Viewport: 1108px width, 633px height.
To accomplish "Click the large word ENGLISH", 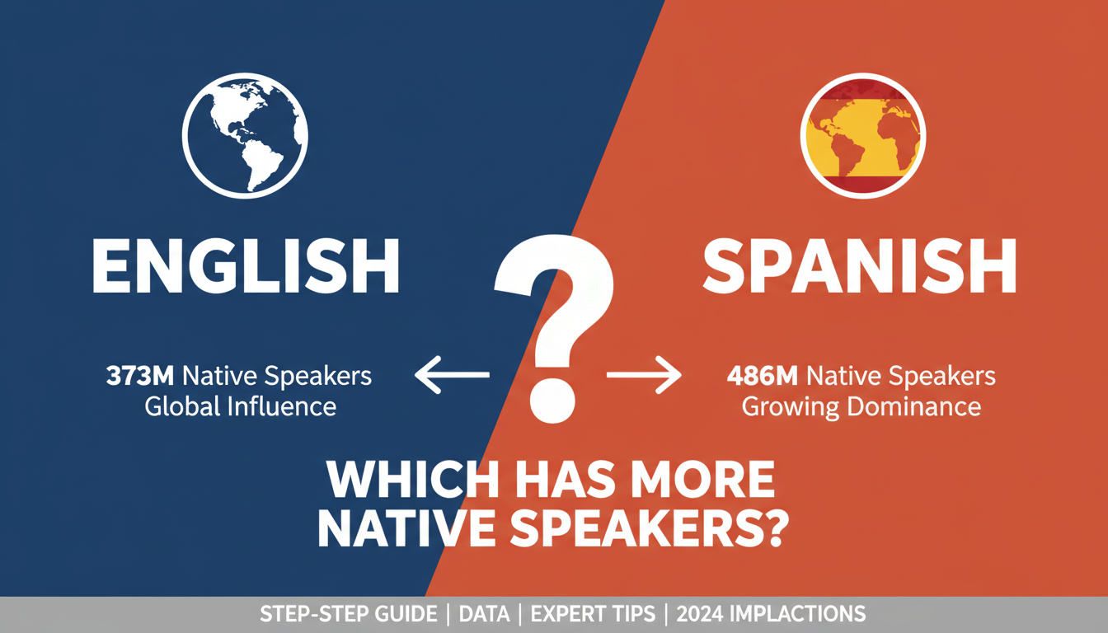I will point(245,268).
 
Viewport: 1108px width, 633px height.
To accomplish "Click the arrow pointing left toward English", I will point(452,377).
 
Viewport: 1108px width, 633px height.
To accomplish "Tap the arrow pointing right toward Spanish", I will point(644,377).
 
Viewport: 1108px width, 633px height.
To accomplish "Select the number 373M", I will point(141,377).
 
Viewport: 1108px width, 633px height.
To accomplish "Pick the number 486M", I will point(763,377).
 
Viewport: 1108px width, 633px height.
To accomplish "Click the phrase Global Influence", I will point(240,406).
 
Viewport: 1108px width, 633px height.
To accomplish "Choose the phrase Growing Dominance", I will point(862,406).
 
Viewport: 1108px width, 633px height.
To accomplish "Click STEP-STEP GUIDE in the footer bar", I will point(349,614).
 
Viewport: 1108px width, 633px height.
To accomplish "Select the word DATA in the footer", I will point(483,614).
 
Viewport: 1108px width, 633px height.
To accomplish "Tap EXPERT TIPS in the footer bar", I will point(593,614).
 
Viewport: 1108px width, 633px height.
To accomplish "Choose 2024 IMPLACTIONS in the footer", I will point(771,614).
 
